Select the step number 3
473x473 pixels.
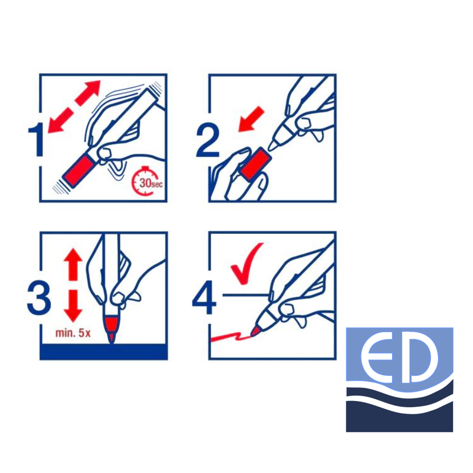pyautogui.click(x=39, y=298)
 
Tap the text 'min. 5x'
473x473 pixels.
pyautogui.click(x=73, y=333)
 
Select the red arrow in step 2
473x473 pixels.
pyautogui.click(x=251, y=119)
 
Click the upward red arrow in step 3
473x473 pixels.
pyautogui.click(x=73, y=264)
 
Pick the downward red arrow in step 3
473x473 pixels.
pyautogui.click(x=73, y=306)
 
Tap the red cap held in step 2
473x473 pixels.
pyautogui.click(x=256, y=164)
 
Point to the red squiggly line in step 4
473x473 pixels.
pyautogui.click(x=231, y=337)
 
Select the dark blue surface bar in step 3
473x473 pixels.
pyautogui.click(x=104, y=352)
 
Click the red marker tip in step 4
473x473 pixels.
pyautogui.click(x=255, y=331)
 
